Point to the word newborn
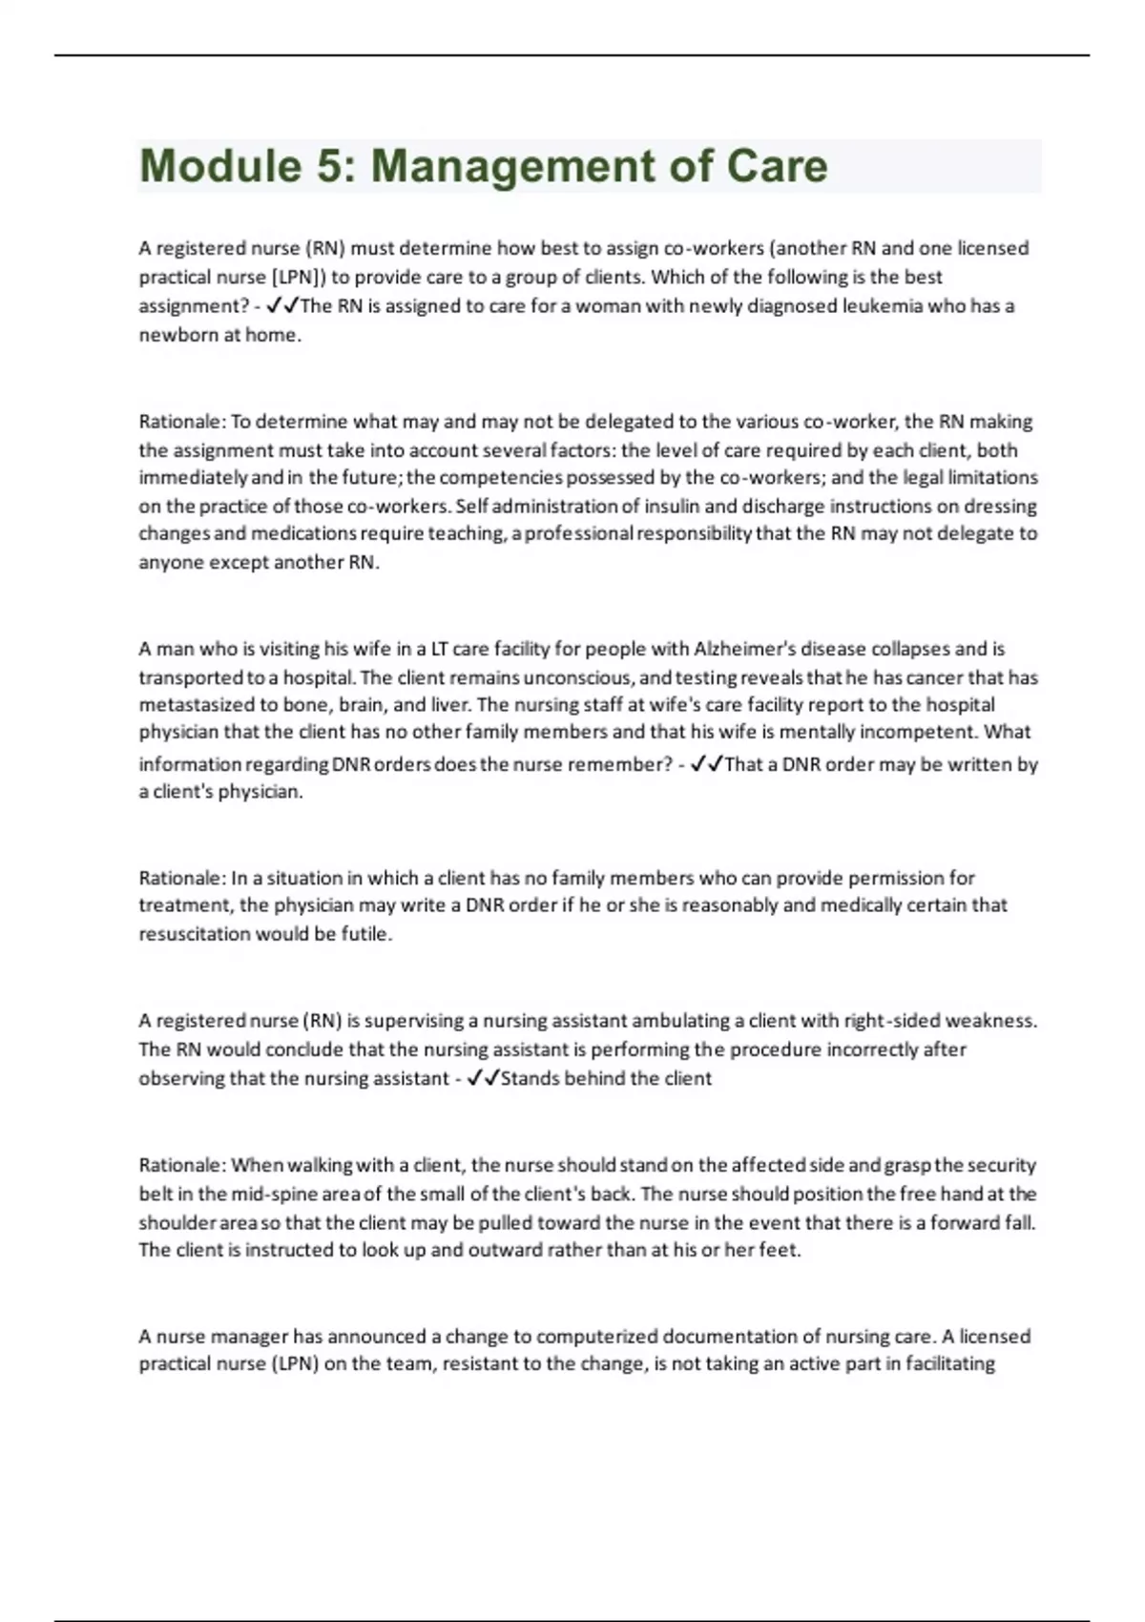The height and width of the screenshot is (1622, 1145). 178,335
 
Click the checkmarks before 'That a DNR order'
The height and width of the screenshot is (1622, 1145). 706,764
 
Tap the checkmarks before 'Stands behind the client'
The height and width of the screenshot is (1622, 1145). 483,1078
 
